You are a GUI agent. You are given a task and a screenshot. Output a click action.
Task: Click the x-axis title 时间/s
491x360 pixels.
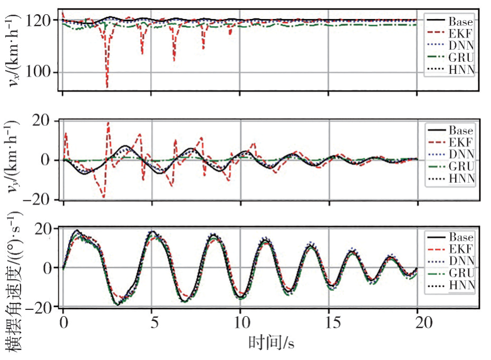click(x=271, y=344)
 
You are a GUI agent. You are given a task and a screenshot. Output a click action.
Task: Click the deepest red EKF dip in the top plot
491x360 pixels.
click(x=107, y=86)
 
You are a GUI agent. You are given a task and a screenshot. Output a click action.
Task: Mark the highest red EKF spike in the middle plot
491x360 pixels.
click(x=108, y=123)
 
